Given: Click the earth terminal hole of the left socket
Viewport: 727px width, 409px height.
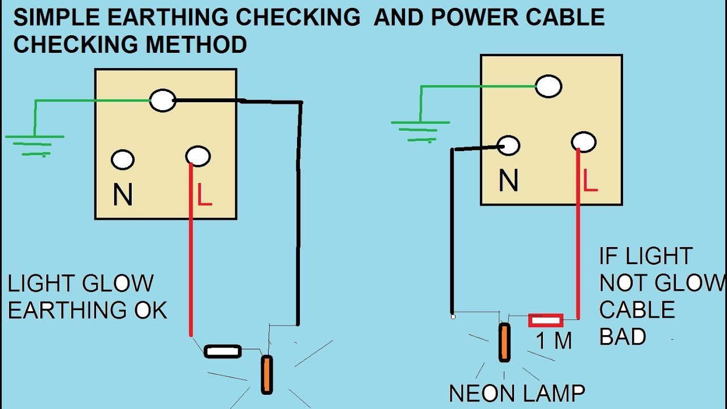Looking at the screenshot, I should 163,101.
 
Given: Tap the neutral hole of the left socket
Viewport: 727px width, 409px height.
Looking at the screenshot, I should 123,160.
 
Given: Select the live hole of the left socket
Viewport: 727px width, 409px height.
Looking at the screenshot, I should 198,156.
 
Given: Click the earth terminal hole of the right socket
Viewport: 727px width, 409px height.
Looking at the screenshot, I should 549,86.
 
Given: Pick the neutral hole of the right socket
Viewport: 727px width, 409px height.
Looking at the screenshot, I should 508,145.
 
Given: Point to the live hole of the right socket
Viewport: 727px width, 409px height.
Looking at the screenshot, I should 584,142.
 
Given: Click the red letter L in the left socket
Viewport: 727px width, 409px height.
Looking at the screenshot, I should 204,194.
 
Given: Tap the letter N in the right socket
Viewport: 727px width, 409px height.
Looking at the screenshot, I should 508,181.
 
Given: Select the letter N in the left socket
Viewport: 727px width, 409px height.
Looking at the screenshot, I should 123,195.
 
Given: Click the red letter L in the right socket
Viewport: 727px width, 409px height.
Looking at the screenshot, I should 590,181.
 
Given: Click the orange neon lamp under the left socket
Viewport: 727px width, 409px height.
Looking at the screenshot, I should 266,374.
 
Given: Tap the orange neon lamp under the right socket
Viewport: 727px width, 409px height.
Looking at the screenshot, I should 504,342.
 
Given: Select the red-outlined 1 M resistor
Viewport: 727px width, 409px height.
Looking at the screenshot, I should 545,321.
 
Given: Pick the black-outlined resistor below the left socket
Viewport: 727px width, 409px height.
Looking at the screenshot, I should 223,352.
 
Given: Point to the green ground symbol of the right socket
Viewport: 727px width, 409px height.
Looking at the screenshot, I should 420,130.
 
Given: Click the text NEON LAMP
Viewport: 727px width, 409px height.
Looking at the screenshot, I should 516,393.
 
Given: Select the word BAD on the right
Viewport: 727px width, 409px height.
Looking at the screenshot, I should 622,337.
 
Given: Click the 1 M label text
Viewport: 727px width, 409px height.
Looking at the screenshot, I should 553,341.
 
